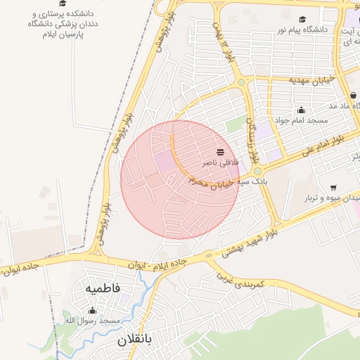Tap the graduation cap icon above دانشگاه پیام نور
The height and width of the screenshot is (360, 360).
302,20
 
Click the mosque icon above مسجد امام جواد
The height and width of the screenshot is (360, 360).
302,110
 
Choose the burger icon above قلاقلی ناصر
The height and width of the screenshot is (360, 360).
221,152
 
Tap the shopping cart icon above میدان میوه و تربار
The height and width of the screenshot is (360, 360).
333,188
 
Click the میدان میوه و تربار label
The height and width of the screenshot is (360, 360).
328,198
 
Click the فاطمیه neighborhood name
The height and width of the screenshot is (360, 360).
103,288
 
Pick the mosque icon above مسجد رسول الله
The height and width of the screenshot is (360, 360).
92,311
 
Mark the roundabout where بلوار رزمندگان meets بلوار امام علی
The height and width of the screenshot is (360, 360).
257,171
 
